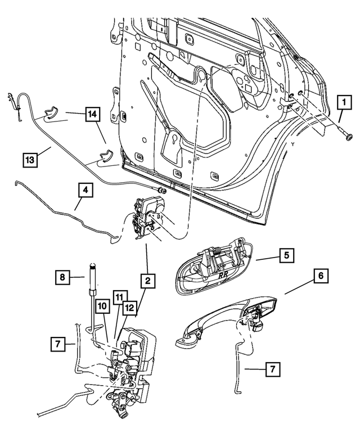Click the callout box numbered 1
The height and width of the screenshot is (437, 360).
coord(341,103)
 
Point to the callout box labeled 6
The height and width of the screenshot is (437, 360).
coord(320,276)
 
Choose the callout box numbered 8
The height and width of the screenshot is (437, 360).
coord(63,277)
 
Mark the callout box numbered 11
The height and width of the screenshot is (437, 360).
coord(118,295)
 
